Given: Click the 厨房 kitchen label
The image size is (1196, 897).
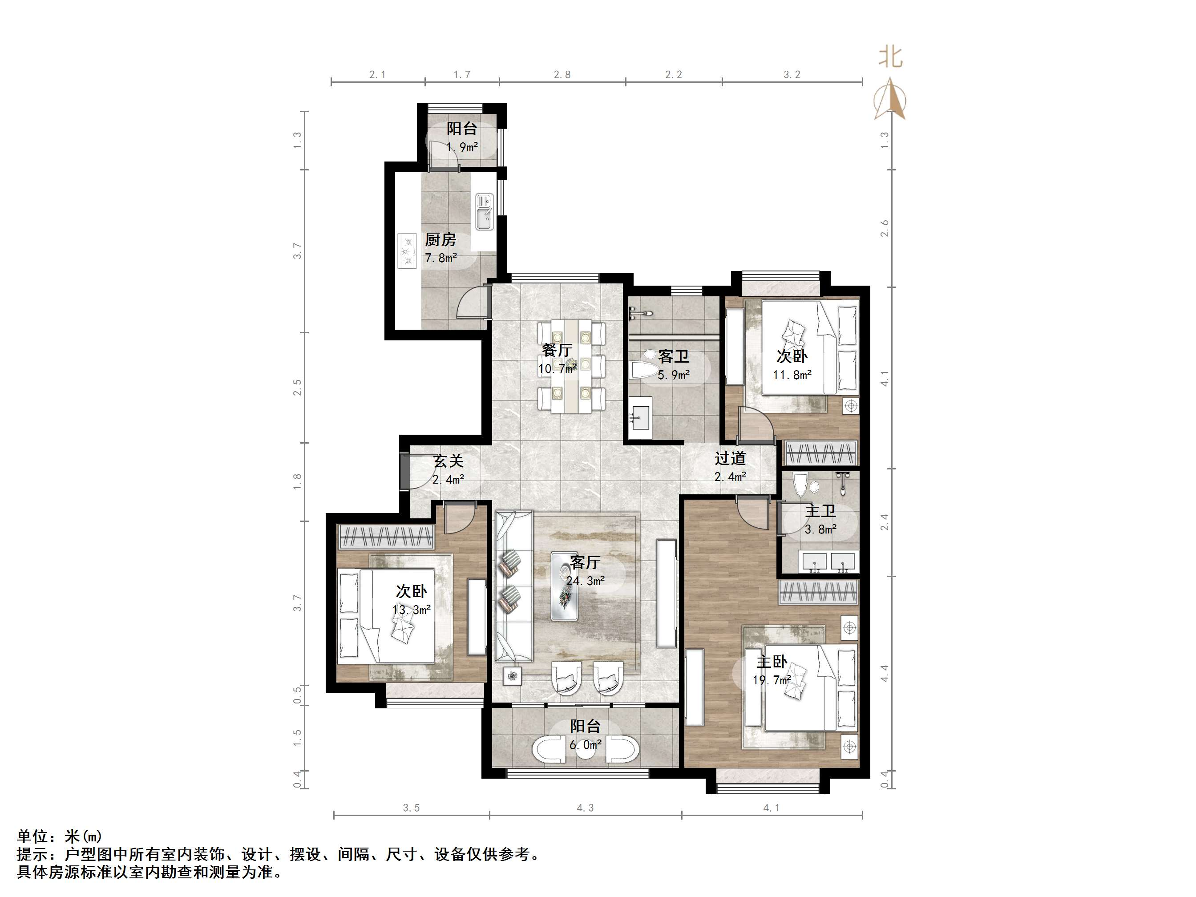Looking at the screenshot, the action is click(x=440, y=239).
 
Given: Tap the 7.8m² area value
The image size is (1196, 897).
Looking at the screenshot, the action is click(x=440, y=258).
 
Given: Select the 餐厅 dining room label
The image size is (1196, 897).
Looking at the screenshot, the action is click(x=557, y=350).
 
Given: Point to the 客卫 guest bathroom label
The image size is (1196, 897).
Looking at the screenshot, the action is click(x=673, y=356).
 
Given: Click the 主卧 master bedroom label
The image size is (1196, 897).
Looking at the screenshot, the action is click(x=772, y=662).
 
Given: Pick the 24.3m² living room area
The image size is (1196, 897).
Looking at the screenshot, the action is click(x=585, y=581).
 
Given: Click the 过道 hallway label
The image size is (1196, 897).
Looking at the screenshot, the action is click(x=730, y=458).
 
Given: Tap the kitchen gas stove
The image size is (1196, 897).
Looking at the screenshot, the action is click(x=407, y=251).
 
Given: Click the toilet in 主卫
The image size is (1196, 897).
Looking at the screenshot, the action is click(x=801, y=485).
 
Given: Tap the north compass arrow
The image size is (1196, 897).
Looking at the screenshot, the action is click(x=890, y=98).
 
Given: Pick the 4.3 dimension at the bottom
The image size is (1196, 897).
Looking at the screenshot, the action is click(x=585, y=808).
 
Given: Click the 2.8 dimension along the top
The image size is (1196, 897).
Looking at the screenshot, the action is click(x=562, y=75).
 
